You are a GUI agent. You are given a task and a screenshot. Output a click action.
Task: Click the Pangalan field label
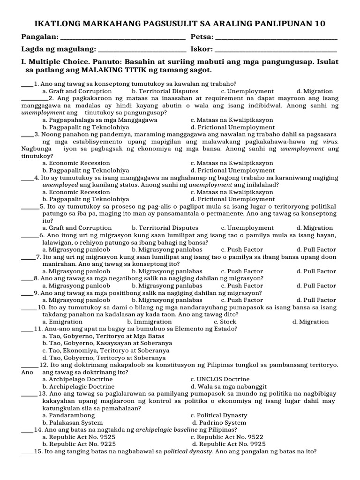[x=40, y=37]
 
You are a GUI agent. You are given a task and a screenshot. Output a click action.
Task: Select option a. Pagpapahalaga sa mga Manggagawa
[x=93, y=120]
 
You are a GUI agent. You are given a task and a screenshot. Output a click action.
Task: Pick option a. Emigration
[x=62, y=322]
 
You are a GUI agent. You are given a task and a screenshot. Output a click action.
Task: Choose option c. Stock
[x=225, y=322]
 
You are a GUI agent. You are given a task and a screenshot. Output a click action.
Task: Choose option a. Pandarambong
[x=68, y=415]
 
